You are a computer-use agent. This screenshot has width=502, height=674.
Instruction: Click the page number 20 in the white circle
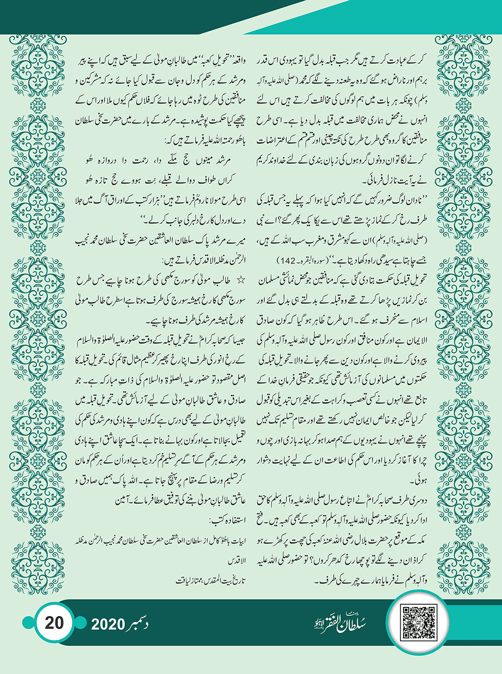(x=54, y=623)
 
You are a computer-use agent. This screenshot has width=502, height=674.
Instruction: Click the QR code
(x=418, y=623)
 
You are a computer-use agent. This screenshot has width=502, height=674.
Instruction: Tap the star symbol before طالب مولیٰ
(x=240, y=280)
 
